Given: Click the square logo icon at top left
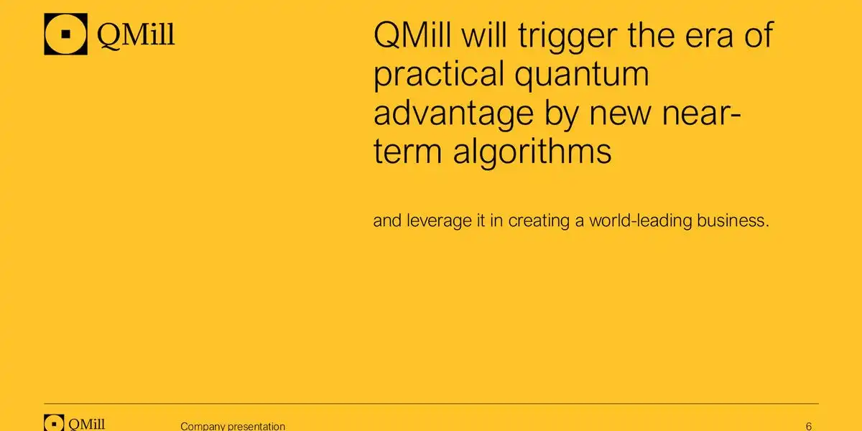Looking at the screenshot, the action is coord(66,34).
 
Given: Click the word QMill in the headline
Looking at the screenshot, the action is coord(412,35).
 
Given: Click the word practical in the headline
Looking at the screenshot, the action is coord(439,75).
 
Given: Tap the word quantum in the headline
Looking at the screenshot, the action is coord(582,76).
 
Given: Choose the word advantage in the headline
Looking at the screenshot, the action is coord(453,115).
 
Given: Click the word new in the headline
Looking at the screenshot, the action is coord(619,115).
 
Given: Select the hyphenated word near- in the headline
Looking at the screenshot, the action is coord(701,115).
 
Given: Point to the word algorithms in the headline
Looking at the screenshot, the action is coord(532,152).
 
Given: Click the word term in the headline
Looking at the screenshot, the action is coord(407,152).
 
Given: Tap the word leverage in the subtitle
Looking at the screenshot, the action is coord(439,222).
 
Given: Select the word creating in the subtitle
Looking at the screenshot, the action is coord(539,222).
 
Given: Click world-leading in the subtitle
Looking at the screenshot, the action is coord(641,222).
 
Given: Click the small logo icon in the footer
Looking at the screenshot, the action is coord(54,422).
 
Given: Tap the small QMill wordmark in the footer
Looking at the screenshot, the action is coord(87,424).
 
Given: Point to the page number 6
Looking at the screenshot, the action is coord(809,427).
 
